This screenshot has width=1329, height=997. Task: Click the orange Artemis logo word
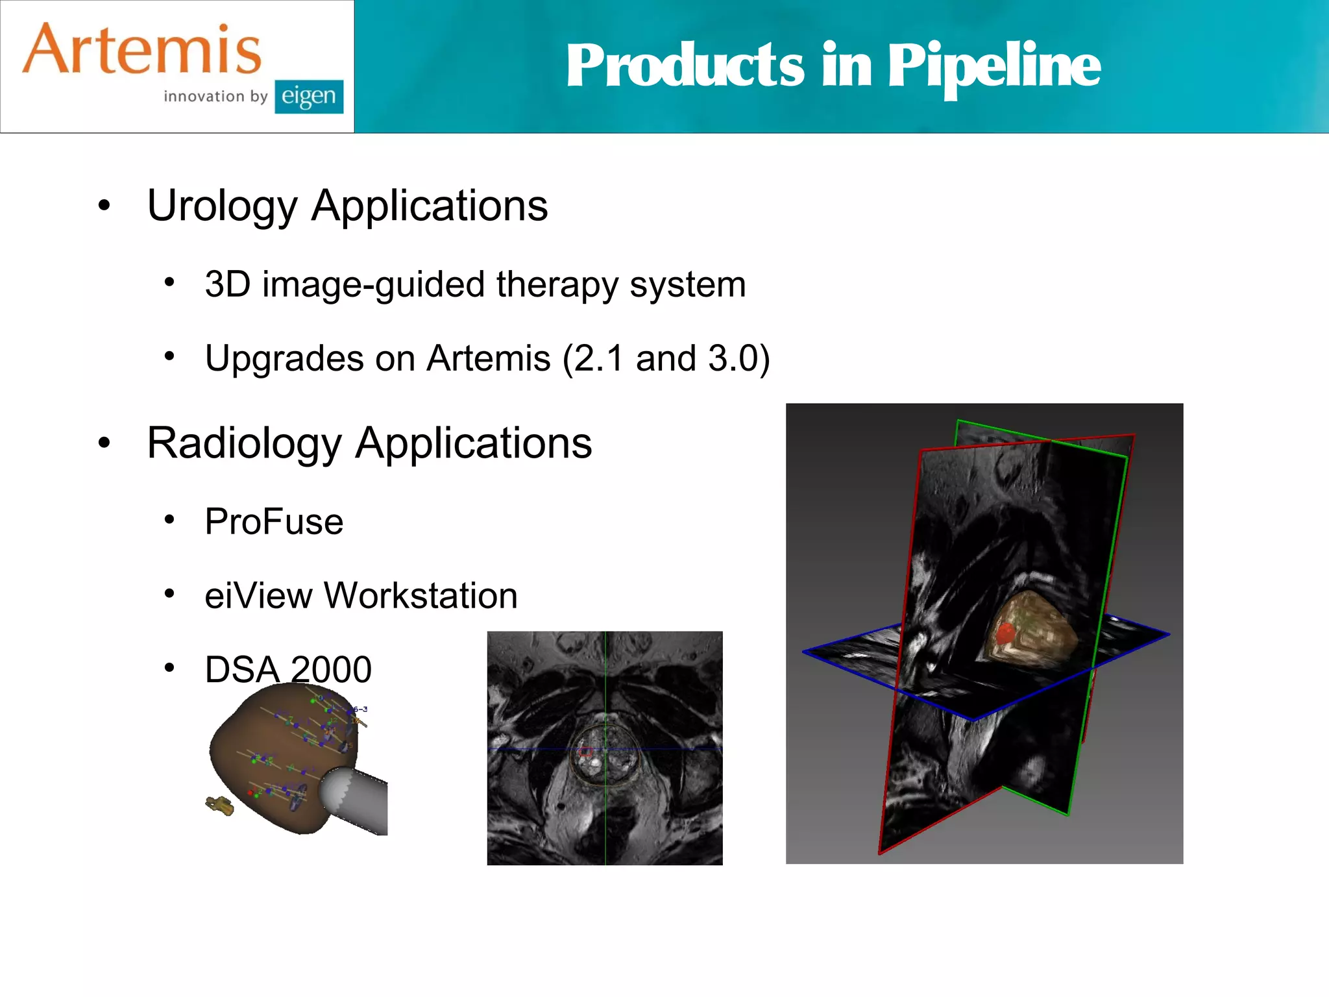(x=142, y=50)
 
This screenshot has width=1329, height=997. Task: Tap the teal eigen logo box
(x=309, y=97)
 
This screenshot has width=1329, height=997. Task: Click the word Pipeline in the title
(x=994, y=66)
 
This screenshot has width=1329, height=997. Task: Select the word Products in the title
(x=685, y=66)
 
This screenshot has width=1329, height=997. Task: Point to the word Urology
(x=222, y=206)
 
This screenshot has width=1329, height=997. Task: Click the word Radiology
(x=244, y=443)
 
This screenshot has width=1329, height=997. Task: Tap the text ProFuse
(x=274, y=521)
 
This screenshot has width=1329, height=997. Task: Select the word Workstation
(x=421, y=595)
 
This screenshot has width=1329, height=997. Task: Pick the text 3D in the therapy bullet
(x=228, y=284)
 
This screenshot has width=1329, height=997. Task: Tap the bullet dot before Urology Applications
(x=104, y=206)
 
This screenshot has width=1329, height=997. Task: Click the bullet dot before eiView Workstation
(x=169, y=593)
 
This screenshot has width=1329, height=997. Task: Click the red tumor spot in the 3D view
(x=1005, y=632)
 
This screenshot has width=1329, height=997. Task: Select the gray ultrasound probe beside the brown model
(x=357, y=798)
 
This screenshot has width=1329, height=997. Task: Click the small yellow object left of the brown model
(x=220, y=806)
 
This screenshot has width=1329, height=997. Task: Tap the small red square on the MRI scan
(x=585, y=752)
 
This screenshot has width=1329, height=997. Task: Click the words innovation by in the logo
(x=215, y=97)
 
